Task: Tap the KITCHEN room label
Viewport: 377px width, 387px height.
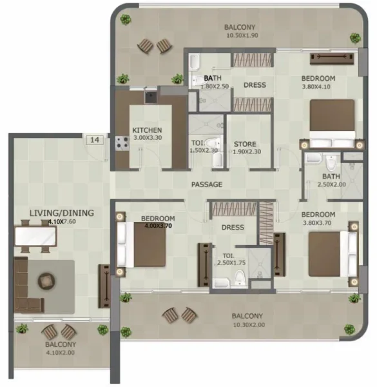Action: coord(147,128)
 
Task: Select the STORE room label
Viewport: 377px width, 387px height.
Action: coord(245,144)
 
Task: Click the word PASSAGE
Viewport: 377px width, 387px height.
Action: coord(207,184)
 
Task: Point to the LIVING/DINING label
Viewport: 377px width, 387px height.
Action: coord(62,212)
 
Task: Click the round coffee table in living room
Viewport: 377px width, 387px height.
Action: coord(47,281)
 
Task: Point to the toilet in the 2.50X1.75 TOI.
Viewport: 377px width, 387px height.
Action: coord(239,278)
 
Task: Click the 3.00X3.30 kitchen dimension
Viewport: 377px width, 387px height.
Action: coord(147,137)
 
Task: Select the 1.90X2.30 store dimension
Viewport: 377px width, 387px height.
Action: coord(245,152)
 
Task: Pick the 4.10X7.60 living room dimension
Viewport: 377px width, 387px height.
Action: coord(62,221)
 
